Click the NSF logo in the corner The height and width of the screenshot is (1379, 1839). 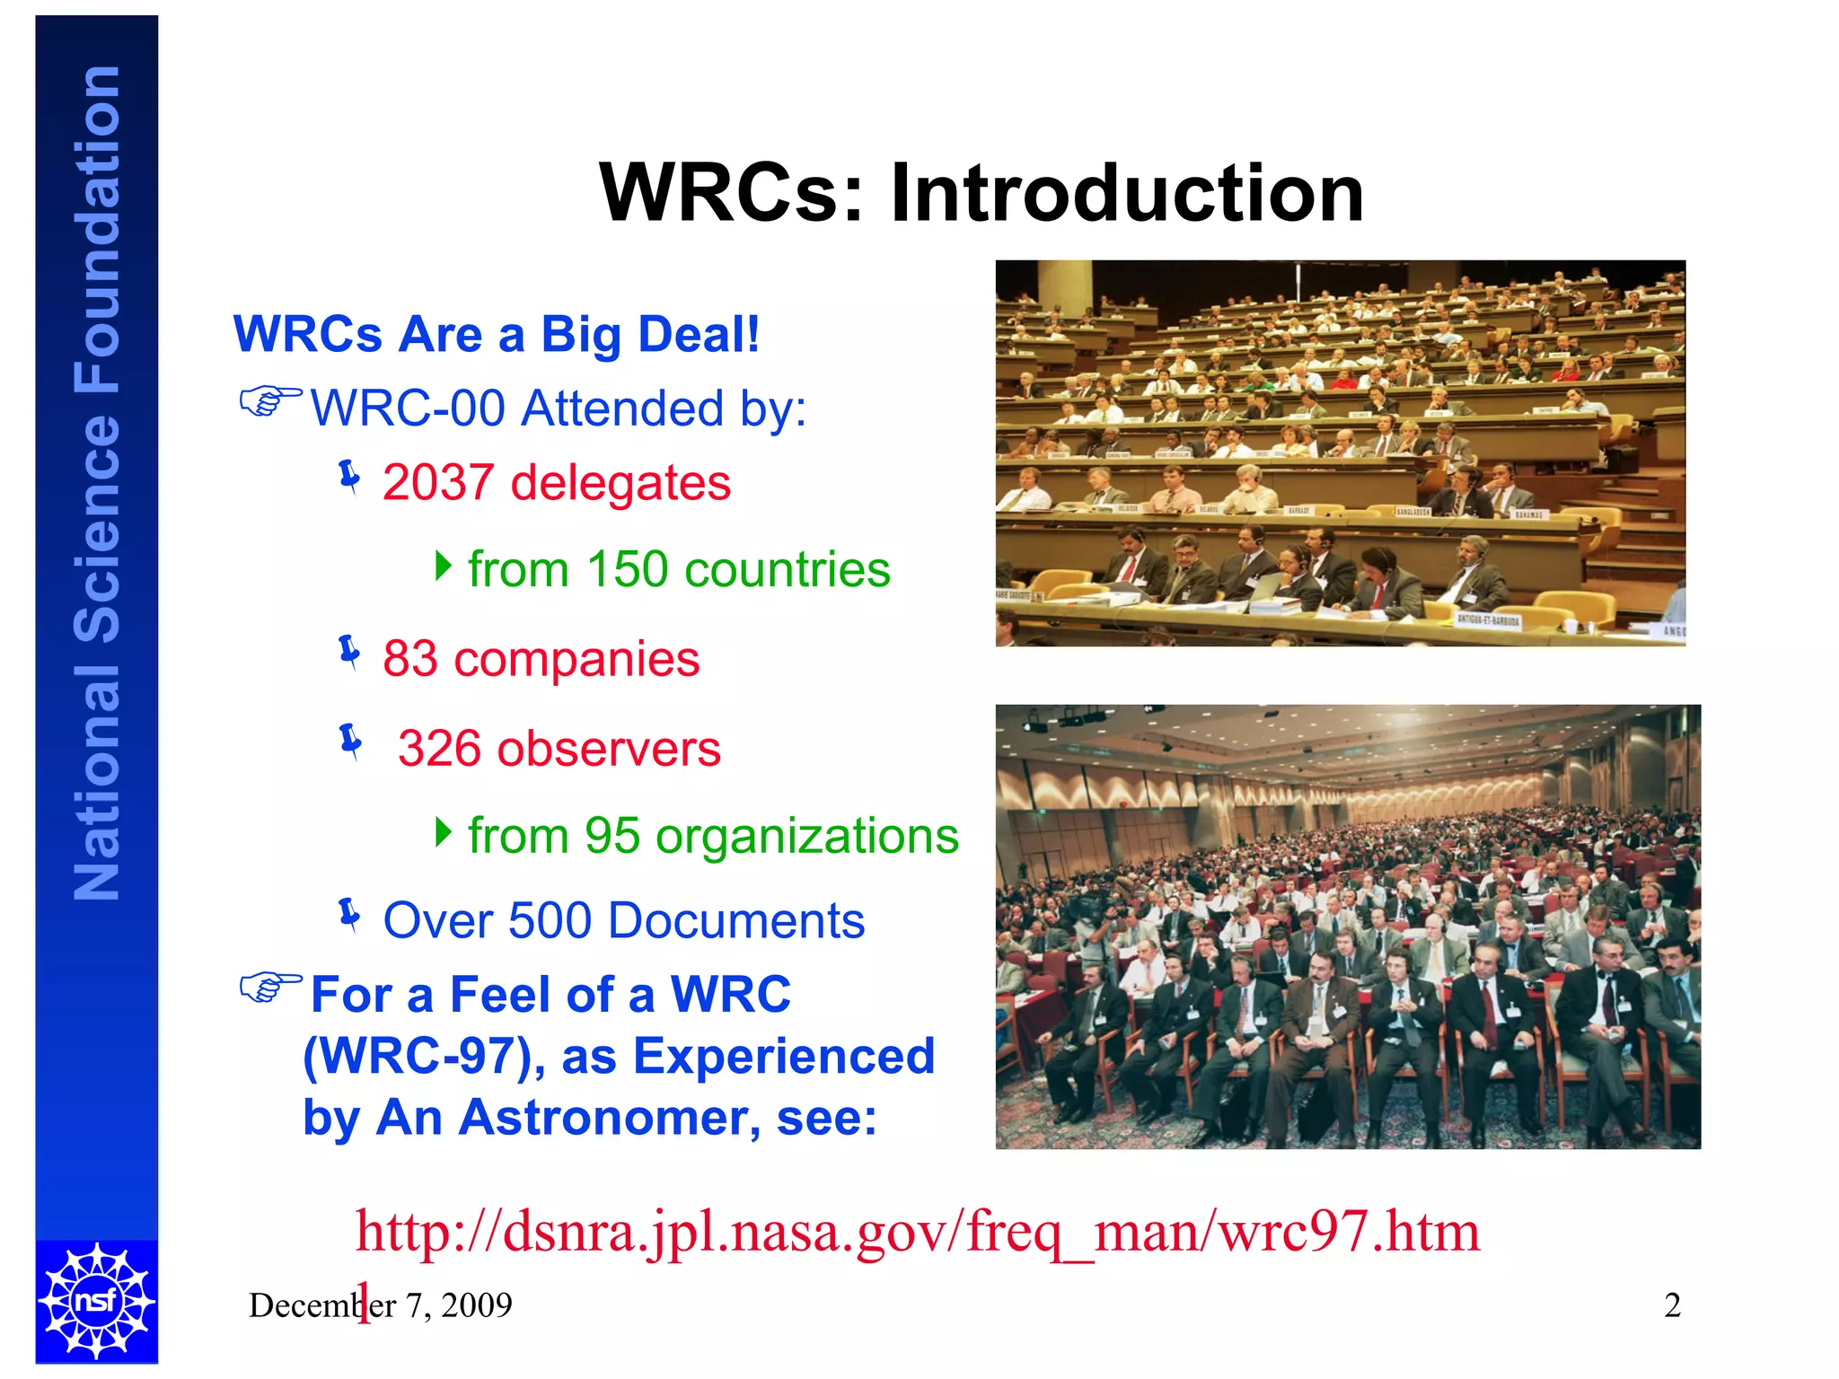(97, 1300)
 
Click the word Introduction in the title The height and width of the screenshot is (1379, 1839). (1127, 193)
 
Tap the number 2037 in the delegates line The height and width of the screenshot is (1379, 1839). (438, 483)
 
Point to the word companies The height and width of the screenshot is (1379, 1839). (576, 660)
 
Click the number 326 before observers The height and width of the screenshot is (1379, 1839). (440, 749)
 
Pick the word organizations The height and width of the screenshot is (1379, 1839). (807, 837)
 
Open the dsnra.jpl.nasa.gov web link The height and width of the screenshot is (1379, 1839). (916, 1232)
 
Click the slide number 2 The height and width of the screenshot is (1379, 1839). (1672, 1305)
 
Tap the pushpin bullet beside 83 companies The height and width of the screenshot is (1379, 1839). (350, 653)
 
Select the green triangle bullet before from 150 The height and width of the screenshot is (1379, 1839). (443, 566)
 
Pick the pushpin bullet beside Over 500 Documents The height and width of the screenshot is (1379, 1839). (350, 915)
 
